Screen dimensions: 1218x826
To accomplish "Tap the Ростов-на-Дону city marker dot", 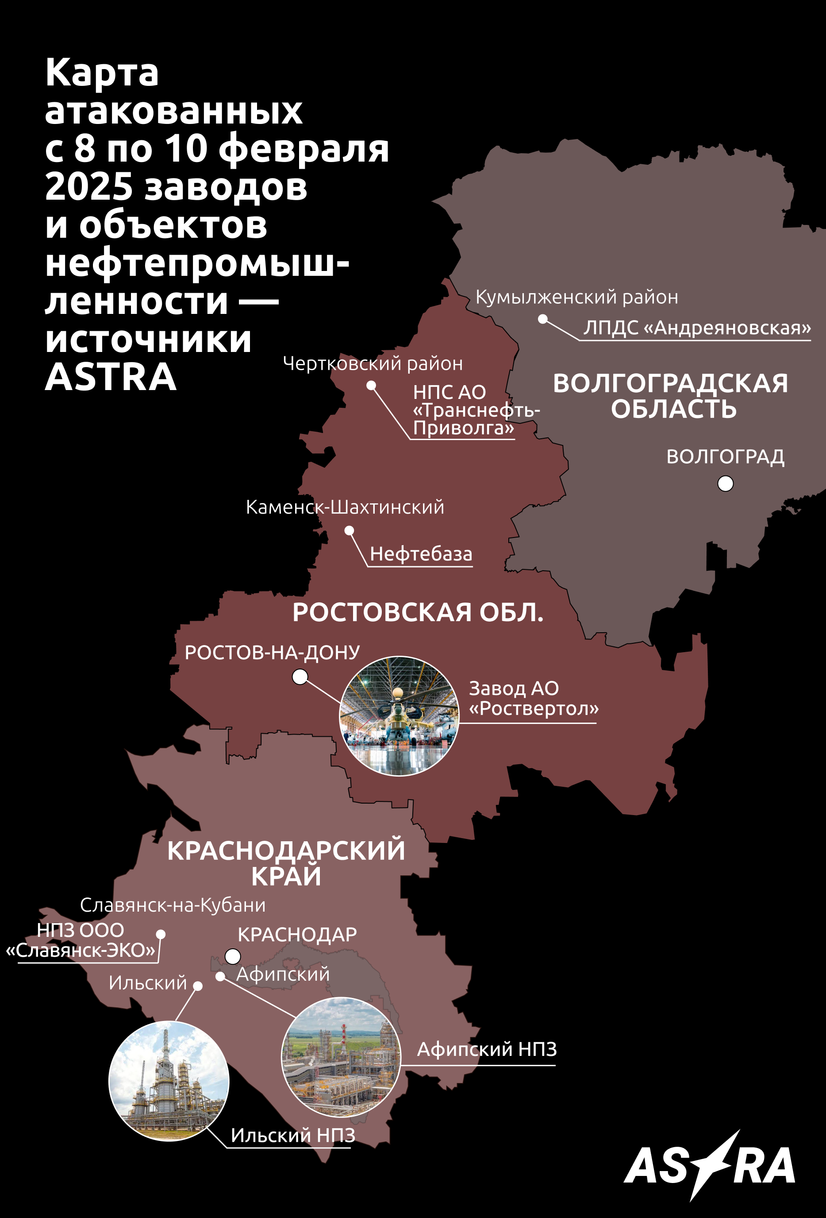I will pos(300,677).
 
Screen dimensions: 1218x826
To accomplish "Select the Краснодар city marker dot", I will pos(233,956).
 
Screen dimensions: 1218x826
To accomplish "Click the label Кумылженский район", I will pos(576,297).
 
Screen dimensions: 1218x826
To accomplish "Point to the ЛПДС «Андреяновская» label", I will pos(697,328).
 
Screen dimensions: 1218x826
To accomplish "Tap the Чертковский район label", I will pos(373,363).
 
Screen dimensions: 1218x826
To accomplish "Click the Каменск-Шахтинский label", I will pos(345,507).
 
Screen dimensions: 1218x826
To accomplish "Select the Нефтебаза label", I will pos(421,554).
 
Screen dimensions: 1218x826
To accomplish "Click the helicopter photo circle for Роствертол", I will pos(399,715).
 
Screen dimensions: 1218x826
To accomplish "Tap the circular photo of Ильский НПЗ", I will pos(169,1081).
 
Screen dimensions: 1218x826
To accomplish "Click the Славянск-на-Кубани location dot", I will pos(161,934).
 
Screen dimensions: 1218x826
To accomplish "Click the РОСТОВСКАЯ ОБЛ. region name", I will pos(418,612).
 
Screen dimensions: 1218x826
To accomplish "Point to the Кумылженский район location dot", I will pos(543,319).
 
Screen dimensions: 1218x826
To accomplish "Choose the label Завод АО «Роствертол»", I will pos(533,698).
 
